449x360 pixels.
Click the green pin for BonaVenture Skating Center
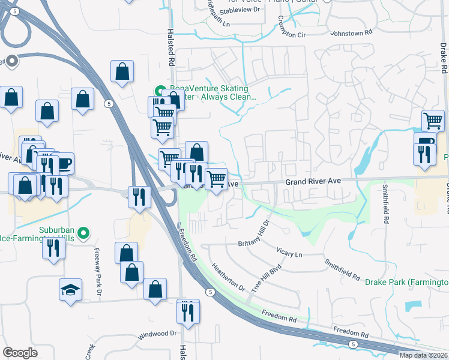pyautogui.click(x=160, y=92)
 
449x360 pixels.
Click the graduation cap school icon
pyautogui.click(x=70, y=290)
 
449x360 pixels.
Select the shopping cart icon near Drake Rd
pyautogui.click(x=432, y=121)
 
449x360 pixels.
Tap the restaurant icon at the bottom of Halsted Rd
pyautogui.click(x=188, y=313)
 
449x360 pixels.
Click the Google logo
pyautogui.click(x=20, y=353)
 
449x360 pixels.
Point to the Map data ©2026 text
pyautogui.click(x=423, y=355)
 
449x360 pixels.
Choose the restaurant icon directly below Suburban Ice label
pyautogui.click(x=53, y=247)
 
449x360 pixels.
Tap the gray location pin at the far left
pyautogui.click(x=11, y=61)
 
